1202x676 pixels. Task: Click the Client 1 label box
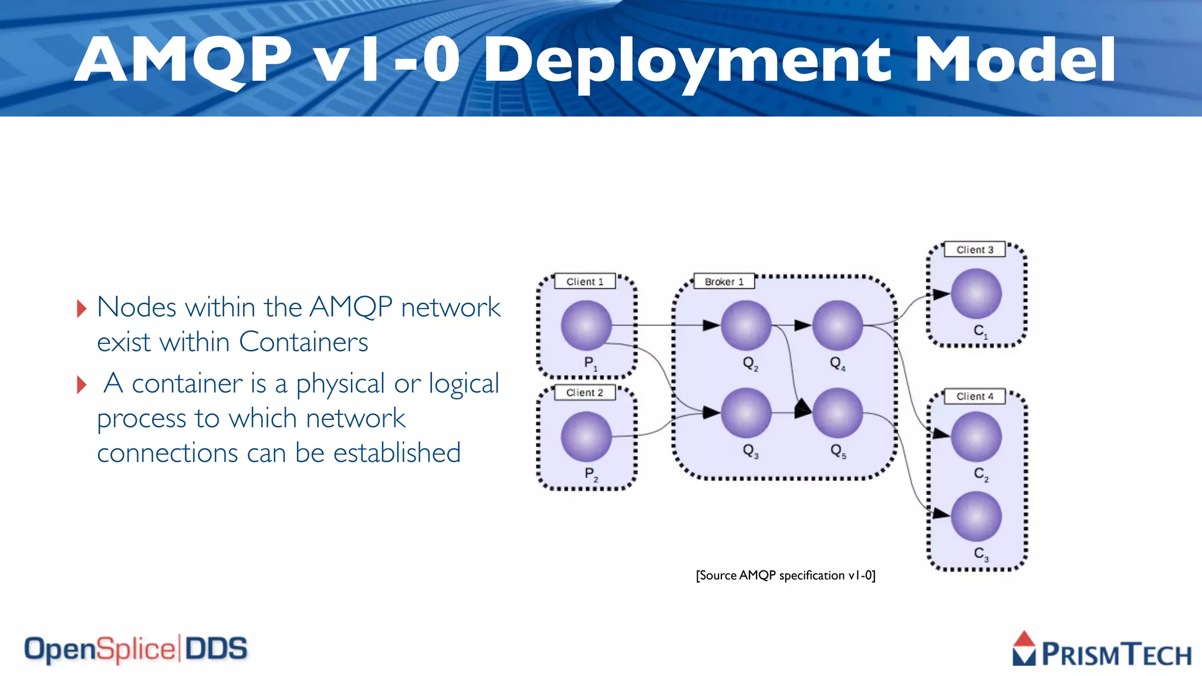tap(585, 282)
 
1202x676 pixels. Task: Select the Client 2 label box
tap(585, 393)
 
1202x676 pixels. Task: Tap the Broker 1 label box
tap(724, 282)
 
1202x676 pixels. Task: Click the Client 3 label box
tap(974, 249)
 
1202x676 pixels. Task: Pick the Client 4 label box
tap(974, 396)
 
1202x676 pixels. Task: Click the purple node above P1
tap(586, 325)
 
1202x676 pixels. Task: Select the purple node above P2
tap(586, 436)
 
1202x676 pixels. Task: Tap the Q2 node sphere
tap(746, 325)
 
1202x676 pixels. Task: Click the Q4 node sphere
tap(838, 325)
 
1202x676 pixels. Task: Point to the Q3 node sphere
tap(746, 413)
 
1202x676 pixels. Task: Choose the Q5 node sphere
tap(838, 413)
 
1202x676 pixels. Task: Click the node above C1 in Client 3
tap(976, 293)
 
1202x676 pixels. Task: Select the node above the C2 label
tap(976, 436)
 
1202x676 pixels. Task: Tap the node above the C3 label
tap(976, 516)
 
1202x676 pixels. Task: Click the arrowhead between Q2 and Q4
tap(802, 325)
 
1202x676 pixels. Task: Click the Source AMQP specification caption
tap(785, 575)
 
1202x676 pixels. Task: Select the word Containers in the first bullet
tap(303, 342)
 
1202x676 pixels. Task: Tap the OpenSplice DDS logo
tap(136, 649)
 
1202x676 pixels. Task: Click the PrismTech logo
tap(1101, 650)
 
